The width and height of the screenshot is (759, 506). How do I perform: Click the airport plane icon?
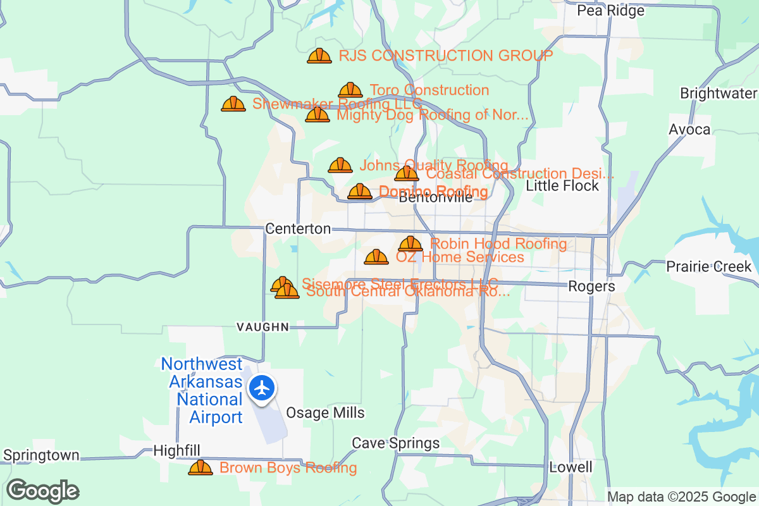point(261,387)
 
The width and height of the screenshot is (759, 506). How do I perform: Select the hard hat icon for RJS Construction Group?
point(319,56)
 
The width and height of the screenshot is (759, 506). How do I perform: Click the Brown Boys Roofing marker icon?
point(201,468)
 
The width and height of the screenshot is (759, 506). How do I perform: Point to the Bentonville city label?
point(436,197)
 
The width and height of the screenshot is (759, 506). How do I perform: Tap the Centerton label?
point(298,229)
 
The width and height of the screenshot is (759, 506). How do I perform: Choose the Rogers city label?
point(591,286)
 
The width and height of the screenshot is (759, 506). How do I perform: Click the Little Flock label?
point(562,185)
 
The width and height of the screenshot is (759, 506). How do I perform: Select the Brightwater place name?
point(718,94)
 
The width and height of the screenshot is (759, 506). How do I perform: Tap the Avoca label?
point(689,130)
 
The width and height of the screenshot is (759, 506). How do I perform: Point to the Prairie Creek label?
point(708,266)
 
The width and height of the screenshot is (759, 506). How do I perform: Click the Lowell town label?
point(571,467)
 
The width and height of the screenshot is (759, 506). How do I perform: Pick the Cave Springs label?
point(395,443)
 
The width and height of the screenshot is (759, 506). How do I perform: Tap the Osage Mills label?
point(325,413)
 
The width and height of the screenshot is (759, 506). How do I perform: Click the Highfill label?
point(177,450)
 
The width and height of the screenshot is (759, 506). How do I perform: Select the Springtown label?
point(42,455)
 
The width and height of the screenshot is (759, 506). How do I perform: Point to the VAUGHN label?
point(262,327)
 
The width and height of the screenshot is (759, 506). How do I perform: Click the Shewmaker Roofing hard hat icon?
point(233,104)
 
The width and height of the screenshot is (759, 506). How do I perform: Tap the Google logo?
point(42,491)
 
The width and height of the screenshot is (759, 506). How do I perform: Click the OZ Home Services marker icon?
point(376,257)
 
